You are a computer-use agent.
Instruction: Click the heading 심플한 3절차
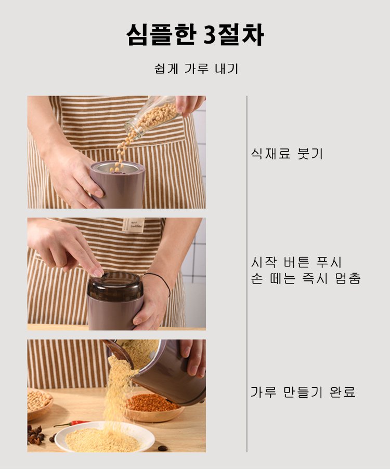pos(195,35)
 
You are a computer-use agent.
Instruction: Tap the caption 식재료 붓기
pos(287,154)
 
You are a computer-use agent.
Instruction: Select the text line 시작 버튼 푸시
pos(296,262)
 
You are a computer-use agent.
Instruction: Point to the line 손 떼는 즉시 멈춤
pos(306,278)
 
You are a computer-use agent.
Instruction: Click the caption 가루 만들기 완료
pos(303,392)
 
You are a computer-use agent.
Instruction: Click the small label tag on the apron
pos(133,225)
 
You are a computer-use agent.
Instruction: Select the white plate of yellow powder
pos(105,436)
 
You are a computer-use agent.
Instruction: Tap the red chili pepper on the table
pos(72,424)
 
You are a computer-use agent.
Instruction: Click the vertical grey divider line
pos(247,274)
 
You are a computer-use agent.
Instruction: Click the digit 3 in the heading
pos(212,35)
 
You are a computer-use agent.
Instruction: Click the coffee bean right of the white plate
pos(163,448)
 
